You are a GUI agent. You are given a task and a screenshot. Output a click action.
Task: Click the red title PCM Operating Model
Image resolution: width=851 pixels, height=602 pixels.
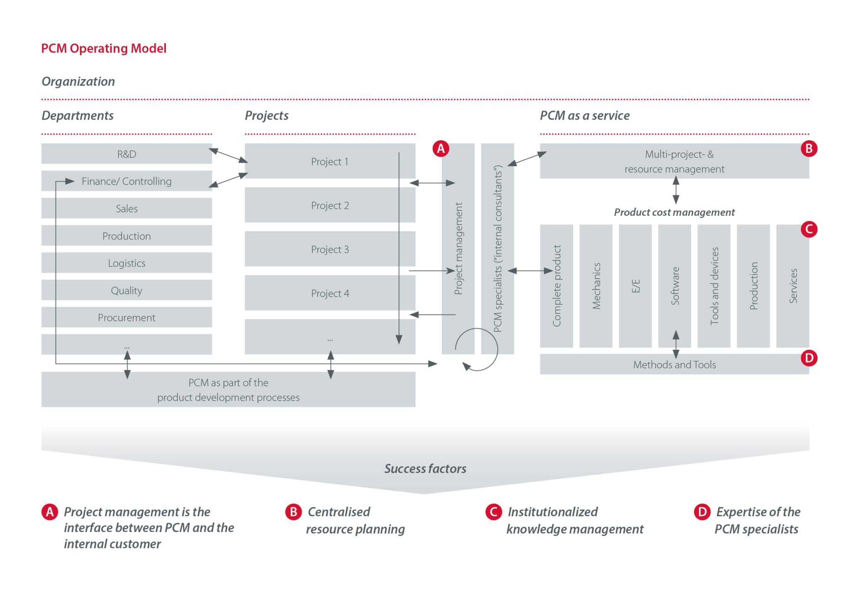(103, 48)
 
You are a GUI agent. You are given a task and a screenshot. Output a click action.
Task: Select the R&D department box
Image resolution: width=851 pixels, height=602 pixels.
(126, 154)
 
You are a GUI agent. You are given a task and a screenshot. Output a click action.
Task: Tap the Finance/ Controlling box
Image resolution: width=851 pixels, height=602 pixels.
(126, 181)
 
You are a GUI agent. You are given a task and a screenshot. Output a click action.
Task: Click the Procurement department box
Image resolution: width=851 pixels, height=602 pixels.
(126, 318)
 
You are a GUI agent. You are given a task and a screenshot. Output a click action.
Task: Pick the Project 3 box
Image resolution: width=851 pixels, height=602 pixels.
(330, 249)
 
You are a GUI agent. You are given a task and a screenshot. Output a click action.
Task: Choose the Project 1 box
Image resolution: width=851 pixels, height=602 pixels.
(330, 161)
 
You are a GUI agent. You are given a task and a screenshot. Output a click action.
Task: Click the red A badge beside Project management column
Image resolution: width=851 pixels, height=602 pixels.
(441, 148)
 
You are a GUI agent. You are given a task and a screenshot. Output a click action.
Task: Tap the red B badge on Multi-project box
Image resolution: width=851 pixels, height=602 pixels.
(809, 148)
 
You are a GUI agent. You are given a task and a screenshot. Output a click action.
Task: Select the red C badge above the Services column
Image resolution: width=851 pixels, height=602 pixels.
(809, 229)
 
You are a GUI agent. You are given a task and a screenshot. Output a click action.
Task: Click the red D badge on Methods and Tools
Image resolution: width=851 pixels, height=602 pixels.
(809, 358)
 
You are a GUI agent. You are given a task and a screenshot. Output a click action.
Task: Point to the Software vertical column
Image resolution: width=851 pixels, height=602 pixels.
(674, 286)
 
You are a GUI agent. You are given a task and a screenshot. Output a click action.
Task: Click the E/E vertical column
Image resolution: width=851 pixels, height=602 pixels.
(635, 286)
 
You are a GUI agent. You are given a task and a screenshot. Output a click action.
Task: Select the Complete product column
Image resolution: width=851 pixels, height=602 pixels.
(556, 286)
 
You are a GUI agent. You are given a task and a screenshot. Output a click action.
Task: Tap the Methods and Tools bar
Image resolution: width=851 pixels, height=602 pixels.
(674, 365)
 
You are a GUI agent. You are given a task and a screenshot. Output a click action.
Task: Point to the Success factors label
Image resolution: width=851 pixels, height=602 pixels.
(425, 469)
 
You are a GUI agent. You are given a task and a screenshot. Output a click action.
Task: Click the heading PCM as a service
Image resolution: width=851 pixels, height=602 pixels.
(584, 116)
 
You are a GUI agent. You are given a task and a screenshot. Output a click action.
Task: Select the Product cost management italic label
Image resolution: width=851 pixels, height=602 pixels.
(674, 212)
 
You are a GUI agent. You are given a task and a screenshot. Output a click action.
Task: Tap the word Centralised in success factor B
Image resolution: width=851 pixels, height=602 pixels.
(339, 512)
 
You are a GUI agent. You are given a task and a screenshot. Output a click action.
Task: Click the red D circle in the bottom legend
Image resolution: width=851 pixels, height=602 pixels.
(702, 512)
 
